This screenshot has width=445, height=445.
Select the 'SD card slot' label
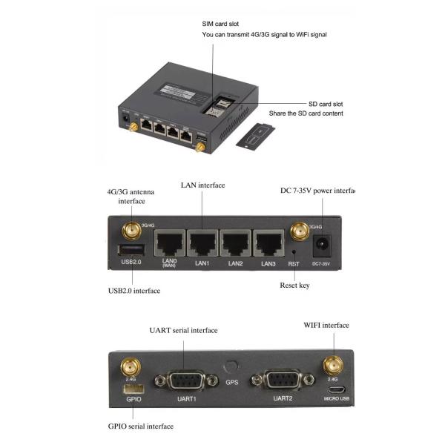[x=326, y=104]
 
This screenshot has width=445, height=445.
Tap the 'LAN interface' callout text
[x=202, y=185]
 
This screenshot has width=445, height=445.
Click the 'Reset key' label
[x=294, y=286]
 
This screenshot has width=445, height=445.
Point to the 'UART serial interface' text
[x=182, y=329]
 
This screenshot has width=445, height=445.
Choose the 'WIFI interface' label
[x=326, y=325]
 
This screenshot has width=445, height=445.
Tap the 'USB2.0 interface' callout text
[x=134, y=291]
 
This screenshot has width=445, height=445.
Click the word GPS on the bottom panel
[x=232, y=383]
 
